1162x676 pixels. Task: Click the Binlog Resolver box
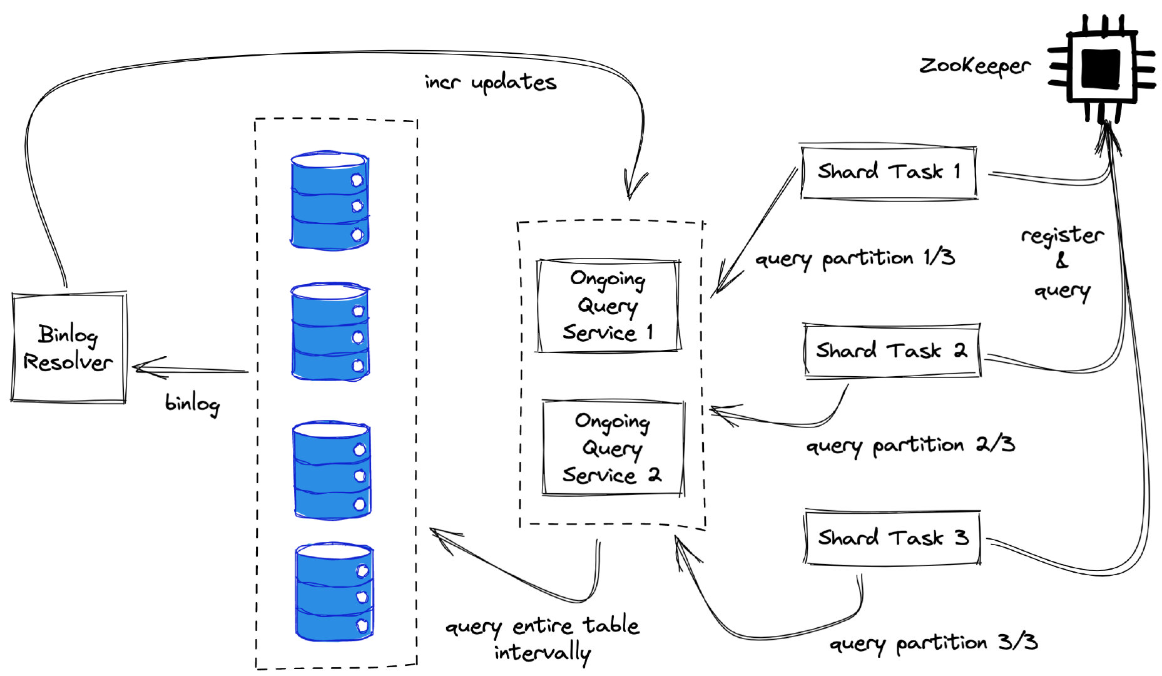[69, 347]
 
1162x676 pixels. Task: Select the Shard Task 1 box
[889, 172]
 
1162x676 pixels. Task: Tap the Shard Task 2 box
[892, 351]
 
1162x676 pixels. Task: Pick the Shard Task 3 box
[892, 538]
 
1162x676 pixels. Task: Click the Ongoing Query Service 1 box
[608, 305]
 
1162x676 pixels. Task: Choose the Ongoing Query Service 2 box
[613, 448]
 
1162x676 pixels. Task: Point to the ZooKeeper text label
[974, 66]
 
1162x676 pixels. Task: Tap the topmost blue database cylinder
[330, 200]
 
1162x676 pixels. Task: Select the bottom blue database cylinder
[334, 592]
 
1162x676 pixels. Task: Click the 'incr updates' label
[490, 83]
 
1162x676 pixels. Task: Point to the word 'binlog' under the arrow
[192, 403]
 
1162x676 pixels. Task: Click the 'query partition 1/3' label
[855, 258]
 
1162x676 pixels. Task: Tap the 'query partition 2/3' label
[910, 445]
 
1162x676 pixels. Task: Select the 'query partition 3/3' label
[934, 643]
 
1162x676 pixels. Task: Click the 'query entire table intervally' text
[543, 638]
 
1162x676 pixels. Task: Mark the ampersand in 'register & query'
[1061, 261]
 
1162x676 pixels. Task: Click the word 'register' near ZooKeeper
[1062, 236]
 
